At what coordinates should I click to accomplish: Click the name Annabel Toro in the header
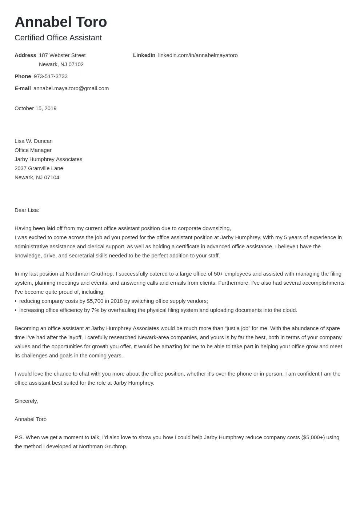coord(61,22)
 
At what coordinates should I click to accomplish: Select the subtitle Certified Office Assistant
coord(58,38)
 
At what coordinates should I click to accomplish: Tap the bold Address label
coord(25,55)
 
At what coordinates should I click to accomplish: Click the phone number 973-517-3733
coord(51,76)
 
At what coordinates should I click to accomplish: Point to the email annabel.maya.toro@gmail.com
coord(71,88)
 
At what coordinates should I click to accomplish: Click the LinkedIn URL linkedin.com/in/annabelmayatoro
coord(198,55)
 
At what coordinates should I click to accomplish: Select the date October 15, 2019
coord(35,108)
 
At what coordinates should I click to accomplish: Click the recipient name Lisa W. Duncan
coord(33,141)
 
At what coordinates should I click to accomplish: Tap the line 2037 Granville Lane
coord(39,168)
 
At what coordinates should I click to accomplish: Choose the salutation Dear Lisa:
coord(27,210)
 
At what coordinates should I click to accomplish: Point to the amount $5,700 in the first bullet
coord(95,301)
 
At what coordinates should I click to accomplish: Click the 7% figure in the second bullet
coord(95,310)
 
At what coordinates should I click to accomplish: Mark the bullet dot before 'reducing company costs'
coord(16,301)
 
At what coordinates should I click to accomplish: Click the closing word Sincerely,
coord(26,401)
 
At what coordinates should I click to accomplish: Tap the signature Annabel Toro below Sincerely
coord(31,419)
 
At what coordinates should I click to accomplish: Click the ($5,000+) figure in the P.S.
coord(313,437)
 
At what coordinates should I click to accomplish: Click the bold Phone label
coord(23,76)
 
